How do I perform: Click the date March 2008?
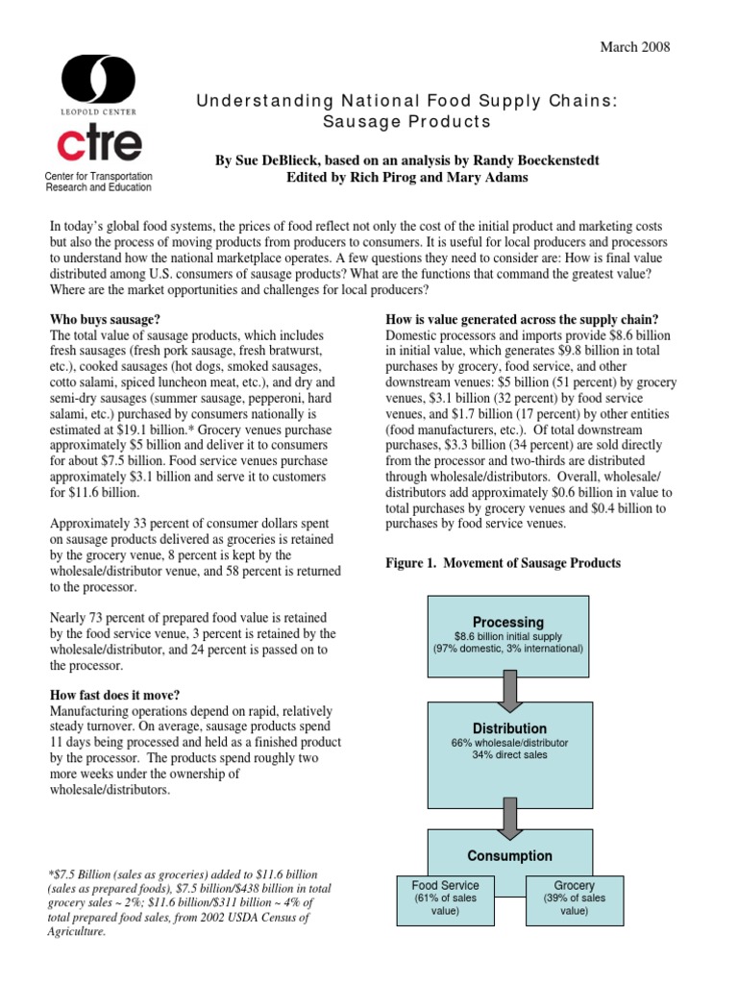coord(634,47)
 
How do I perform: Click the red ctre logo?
coord(99,142)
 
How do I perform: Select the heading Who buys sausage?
coord(105,318)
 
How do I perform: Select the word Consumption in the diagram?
coord(509,855)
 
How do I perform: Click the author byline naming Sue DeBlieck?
coord(407,160)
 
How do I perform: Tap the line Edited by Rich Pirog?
coord(407,178)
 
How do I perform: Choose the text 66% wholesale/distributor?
coord(508,744)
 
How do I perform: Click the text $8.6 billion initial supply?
coord(506,636)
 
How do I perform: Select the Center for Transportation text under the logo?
coord(99,177)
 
